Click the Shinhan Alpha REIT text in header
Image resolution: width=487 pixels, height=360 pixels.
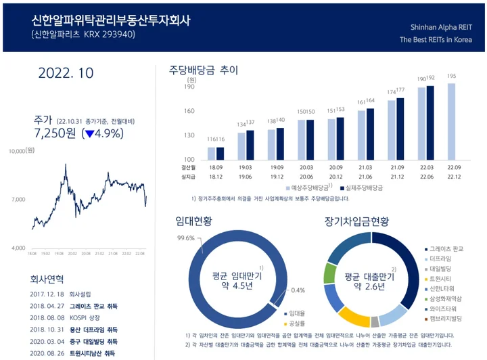(441, 28)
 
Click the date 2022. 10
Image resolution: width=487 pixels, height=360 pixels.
(66, 73)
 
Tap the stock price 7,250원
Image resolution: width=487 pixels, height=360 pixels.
(55, 133)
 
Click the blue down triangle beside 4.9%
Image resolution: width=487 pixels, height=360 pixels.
(87, 134)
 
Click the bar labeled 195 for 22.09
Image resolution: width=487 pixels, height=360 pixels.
(451, 120)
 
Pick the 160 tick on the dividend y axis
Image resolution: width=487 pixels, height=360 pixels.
(189, 111)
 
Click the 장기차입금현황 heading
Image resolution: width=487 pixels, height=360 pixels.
(357, 221)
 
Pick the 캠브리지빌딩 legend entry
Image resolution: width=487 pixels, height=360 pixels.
(448, 317)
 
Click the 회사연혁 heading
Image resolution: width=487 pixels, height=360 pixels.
(47, 278)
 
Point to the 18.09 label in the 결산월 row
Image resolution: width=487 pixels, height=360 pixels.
(216, 166)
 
